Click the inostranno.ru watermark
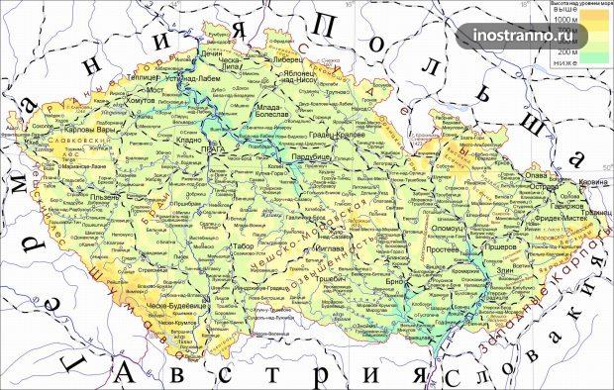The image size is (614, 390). pyautogui.click(x=522, y=37)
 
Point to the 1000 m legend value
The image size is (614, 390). pyautogui.click(x=566, y=19)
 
